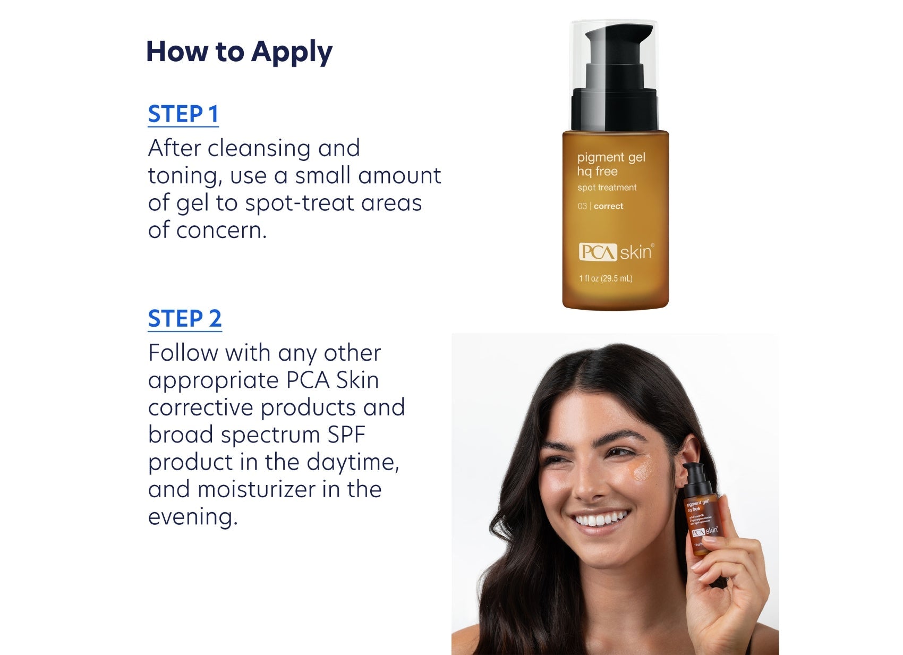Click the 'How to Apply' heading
tap(239, 52)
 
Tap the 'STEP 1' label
tap(183, 114)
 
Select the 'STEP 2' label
tap(185, 319)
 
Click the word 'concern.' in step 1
tap(222, 231)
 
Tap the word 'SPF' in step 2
tap(346, 435)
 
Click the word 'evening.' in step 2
tap(193, 517)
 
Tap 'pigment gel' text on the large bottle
tap(611, 157)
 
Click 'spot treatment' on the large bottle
tap(607, 188)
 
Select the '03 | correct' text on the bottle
tap(600, 206)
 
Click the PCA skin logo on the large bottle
tap(616, 252)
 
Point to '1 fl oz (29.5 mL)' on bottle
tap(606, 278)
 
